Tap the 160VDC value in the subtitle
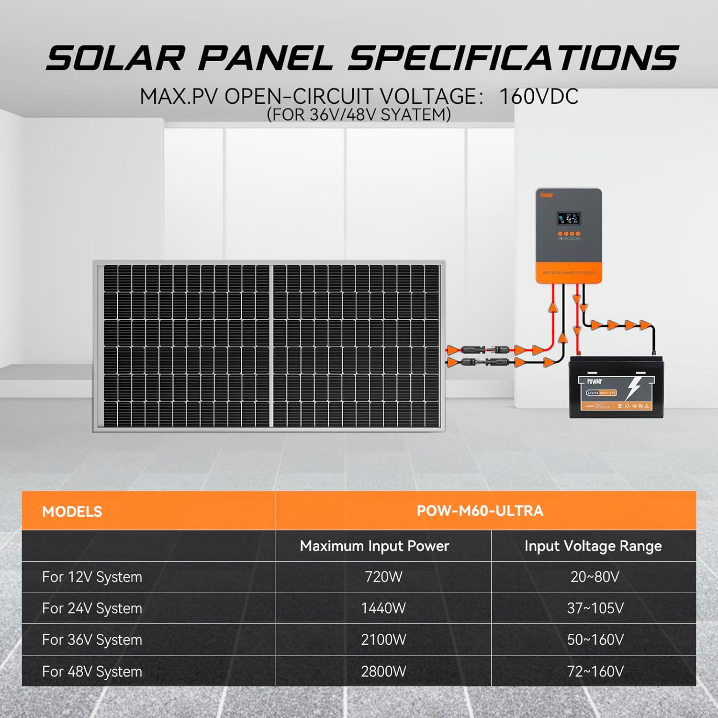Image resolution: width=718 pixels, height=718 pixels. click(x=538, y=97)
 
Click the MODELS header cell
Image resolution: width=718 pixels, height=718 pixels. click(x=72, y=511)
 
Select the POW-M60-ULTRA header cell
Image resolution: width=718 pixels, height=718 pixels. click(x=480, y=511)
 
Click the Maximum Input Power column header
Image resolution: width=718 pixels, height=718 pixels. click(x=374, y=546)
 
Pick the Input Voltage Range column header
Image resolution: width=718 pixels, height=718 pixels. click(x=593, y=546)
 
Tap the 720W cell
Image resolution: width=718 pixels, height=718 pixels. click(x=383, y=577)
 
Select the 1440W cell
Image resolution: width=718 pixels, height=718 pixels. click(x=383, y=608)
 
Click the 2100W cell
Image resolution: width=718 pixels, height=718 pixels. click(x=383, y=639)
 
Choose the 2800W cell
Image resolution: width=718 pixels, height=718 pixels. click(x=383, y=671)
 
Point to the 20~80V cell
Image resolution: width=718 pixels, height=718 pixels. click(x=595, y=577)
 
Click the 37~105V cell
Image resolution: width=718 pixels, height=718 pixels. click(x=595, y=608)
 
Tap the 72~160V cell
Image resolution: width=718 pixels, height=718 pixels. click(x=595, y=671)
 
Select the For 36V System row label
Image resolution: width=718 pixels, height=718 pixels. click(x=92, y=639)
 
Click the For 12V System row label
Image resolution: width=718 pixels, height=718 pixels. click(x=92, y=577)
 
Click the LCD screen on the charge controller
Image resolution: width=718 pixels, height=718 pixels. click(x=569, y=219)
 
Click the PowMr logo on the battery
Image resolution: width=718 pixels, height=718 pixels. click(x=595, y=381)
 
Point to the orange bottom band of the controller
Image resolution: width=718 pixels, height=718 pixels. click(x=569, y=273)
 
